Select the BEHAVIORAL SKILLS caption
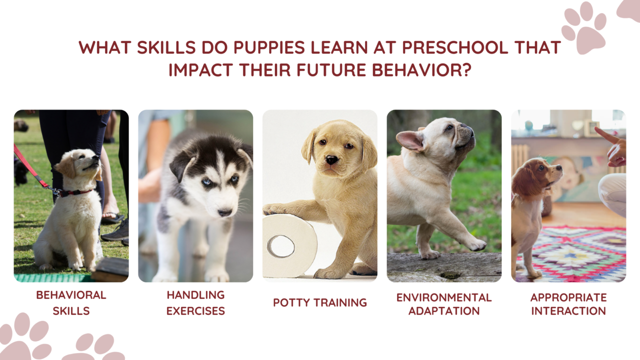(71, 302)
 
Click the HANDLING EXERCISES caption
(195, 302)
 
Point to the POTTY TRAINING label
(320, 302)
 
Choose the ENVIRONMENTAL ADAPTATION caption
(444, 304)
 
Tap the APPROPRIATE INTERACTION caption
(568, 304)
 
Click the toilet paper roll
(289, 245)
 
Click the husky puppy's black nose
(225, 212)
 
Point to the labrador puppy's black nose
(331, 160)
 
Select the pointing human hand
(613, 147)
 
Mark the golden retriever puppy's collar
(75, 192)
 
